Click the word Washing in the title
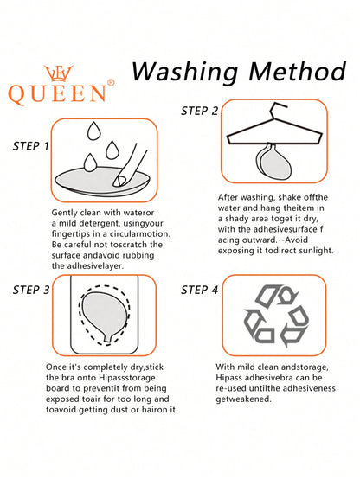[184, 73]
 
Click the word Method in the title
[298, 71]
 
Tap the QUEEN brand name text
[57, 93]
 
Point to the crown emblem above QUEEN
[59, 73]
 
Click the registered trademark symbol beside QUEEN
[111, 82]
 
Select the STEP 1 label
[31, 146]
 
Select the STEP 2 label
[199, 111]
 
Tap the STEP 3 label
[31, 290]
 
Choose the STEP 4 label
[199, 290]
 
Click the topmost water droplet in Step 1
[94, 131]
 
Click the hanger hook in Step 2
[278, 108]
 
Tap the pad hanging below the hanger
[273, 162]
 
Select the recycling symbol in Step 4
[276, 316]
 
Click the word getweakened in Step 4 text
[243, 399]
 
